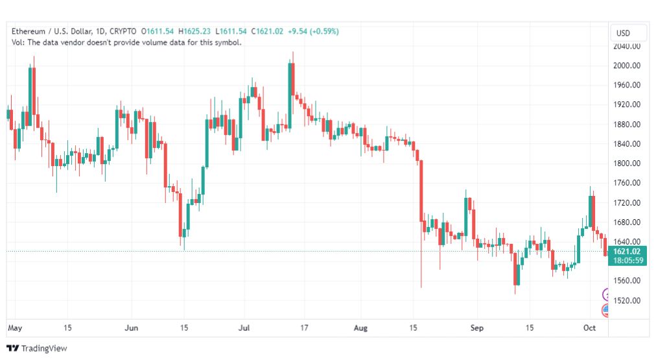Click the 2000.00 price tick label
pyautogui.click(x=626, y=66)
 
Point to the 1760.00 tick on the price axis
pyautogui.click(x=626, y=182)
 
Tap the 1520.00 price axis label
pyautogui.click(x=626, y=300)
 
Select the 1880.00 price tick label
pyautogui.click(x=626, y=124)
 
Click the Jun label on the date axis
pyautogui.click(x=132, y=328)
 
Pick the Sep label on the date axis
pyautogui.click(x=477, y=328)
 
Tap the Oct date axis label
pyautogui.click(x=589, y=328)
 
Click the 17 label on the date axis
pyautogui.click(x=304, y=328)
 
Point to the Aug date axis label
pyautogui.click(x=360, y=328)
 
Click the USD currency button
pyautogui.click(x=623, y=33)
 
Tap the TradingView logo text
pyautogui.click(x=44, y=348)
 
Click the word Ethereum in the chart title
pyautogui.click(x=28, y=31)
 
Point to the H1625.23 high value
pyautogui.click(x=194, y=31)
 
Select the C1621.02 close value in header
pyautogui.click(x=267, y=31)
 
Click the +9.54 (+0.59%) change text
pyautogui.click(x=313, y=31)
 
